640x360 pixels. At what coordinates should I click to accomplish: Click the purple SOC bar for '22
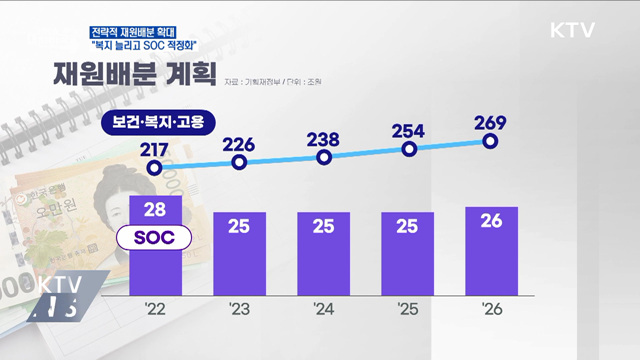[156, 265]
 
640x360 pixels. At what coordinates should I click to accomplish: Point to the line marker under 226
[240, 164]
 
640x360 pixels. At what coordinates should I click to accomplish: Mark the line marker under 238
[324, 157]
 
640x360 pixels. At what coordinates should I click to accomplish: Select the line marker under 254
[408, 149]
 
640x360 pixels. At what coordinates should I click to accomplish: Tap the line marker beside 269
[491, 141]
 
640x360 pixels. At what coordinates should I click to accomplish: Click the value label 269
[491, 122]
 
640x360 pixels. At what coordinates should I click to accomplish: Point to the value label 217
[155, 149]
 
